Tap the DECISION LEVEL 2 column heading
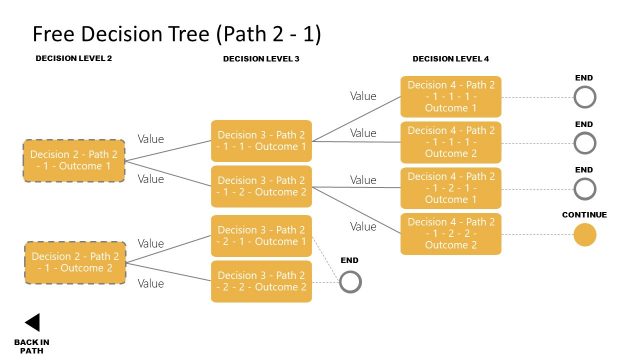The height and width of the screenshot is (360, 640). pos(74,59)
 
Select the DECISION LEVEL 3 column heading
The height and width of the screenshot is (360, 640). pos(261,59)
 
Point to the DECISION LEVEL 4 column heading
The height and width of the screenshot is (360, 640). pos(451,59)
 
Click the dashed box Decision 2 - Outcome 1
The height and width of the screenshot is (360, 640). pos(74,160)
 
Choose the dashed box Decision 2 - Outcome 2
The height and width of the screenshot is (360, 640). pos(74,262)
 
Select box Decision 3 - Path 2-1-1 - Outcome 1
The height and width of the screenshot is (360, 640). pos(261,141)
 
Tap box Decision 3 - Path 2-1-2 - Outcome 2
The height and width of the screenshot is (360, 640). pos(261,186)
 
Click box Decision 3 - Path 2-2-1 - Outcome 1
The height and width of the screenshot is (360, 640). pos(261,236)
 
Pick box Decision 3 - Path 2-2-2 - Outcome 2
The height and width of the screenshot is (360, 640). pos(261,281)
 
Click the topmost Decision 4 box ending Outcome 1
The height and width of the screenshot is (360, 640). pos(451,96)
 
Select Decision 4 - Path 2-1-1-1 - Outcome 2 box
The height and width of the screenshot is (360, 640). pos(451,142)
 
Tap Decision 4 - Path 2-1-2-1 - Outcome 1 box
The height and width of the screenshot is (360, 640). pos(451,188)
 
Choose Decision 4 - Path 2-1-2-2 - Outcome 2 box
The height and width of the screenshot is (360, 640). pos(451,234)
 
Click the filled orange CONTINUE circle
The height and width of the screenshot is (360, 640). pos(585,235)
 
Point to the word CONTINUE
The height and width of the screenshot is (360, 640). pos(585,215)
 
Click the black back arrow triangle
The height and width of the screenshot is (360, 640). pos(32,322)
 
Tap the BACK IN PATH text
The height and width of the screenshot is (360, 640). pos(32,346)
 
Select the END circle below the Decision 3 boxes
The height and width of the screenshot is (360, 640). pos(350,282)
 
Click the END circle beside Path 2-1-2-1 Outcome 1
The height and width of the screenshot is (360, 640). pos(585,188)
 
